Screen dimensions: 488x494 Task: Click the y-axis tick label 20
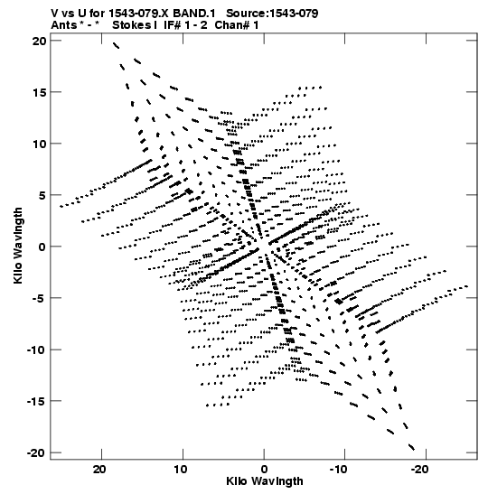[39, 41]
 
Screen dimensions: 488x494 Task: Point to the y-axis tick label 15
[39, 92]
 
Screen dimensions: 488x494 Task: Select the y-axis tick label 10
[39, 144]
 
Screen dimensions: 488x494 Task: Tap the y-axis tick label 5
[42, 195]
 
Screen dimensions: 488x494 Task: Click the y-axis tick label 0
[42, 247]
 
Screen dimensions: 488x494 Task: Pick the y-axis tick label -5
[39, 298]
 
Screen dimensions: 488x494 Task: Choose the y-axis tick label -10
[36, 350]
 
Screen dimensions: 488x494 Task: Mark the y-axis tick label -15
[36, 401]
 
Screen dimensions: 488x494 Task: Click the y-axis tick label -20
[36, 452]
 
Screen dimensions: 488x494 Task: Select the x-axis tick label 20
[101, 469]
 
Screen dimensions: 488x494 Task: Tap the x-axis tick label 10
[183, 469]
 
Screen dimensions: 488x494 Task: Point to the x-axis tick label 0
[264, 469]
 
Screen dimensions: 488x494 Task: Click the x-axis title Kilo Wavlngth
[265, 481]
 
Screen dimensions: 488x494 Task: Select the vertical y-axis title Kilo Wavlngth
[18, 246]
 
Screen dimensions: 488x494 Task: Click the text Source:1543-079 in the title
[272, 14]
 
